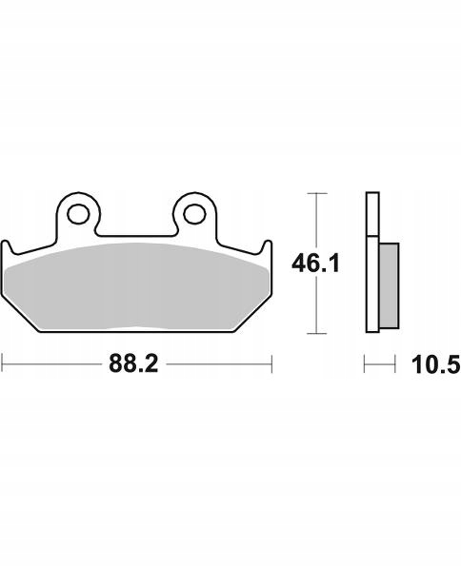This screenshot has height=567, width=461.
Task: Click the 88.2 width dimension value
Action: point(133,363)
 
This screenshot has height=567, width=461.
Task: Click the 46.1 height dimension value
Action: point(316,264)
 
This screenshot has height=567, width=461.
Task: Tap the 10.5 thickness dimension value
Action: point(436,364)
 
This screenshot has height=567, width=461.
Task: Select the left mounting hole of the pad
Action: point(78,214)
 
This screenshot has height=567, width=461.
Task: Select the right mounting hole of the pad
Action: point(194,214)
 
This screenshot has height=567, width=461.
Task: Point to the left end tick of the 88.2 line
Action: point(3,363)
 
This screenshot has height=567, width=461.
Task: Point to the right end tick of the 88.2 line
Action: point(271,363)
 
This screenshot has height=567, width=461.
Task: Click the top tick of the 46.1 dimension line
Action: point(317,193)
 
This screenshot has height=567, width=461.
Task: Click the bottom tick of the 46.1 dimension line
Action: point(317,333)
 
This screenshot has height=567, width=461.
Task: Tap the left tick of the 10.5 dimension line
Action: point(365,363)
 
